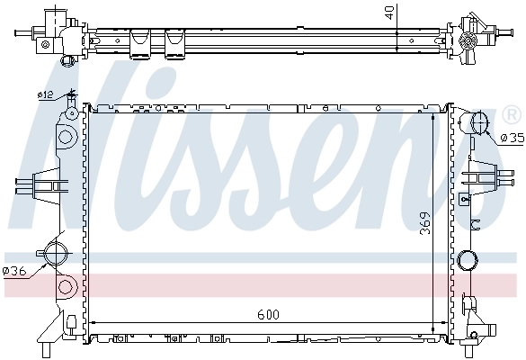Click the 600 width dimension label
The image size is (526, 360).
click(x=267, y=315)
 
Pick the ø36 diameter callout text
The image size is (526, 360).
click(x=15, y=271)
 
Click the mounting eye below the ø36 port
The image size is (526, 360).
click(x=64, y=288)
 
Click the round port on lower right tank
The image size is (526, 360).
click(x=468, y=262)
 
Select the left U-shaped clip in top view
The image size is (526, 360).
click(x=139, y=41)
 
